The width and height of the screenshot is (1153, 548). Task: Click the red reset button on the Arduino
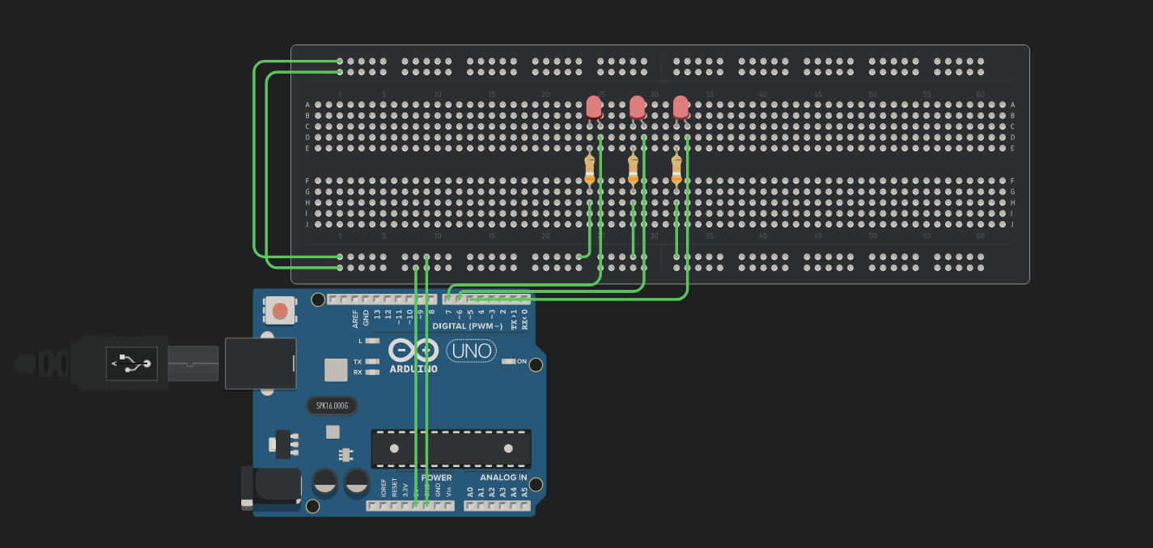[280, 310]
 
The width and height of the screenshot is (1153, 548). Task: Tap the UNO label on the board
[472, 351]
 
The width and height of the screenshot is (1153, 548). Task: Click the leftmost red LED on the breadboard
[594, 107]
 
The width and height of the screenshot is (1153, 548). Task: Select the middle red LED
[638, 107]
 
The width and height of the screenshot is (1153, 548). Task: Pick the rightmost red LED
[680, 107]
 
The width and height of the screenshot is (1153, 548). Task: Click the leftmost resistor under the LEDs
[589, 170]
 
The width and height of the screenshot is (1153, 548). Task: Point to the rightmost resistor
[676, 170]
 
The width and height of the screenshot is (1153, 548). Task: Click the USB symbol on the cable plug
[132, 364]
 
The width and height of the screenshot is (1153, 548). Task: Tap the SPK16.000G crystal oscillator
[332, 406]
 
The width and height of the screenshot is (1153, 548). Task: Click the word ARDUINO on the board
[413, 369]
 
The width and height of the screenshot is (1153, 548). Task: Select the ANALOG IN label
[503, 478]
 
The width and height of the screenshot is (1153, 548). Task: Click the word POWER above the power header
[437, 478]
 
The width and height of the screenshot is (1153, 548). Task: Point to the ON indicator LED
[508, 361]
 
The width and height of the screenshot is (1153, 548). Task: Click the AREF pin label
[355, 318]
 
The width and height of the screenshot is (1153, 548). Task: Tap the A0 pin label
[470, 491]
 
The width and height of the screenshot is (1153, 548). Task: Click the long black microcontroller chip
[451, 448]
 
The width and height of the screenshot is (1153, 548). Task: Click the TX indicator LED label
[358, 362]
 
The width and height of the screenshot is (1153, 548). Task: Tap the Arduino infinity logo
[413, 350]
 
